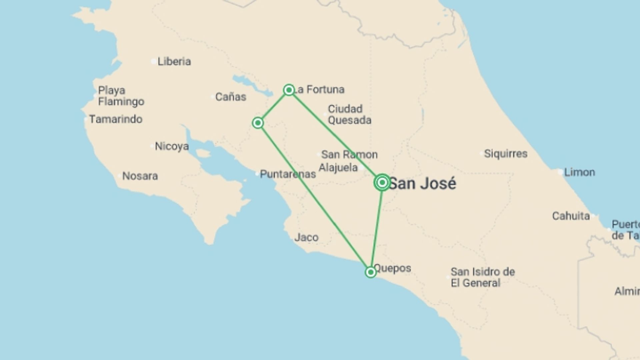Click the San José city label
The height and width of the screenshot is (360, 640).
tap(422, 184)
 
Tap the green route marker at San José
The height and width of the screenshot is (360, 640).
tap(382, 182)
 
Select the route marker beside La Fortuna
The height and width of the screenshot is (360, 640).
tap(289, 90)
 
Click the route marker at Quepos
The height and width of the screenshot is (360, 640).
tap(371, 272)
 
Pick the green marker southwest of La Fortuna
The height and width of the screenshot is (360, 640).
tap(258, 123)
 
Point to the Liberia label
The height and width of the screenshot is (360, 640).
tap(174, 62)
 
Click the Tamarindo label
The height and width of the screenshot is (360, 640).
tap(116, 119)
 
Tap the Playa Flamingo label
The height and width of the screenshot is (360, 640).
tap(121, 96)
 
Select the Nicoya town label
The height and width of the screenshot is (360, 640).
tap(172, 146)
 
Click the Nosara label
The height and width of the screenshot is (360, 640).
tap(140, 176)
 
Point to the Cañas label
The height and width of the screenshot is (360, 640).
tap(231, 97)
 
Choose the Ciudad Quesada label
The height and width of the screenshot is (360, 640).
tap(349, 115)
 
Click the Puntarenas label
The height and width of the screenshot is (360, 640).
tap(288, 174)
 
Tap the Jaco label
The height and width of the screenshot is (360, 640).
tap(306, 238)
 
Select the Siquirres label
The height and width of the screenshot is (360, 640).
tap(506, 154)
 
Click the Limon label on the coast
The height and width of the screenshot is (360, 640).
tap(579, 172)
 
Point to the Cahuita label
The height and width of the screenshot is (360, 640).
tap(571, 216)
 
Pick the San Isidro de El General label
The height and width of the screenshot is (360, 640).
tap(483, 277)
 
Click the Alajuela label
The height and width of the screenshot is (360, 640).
tap(338, 168)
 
